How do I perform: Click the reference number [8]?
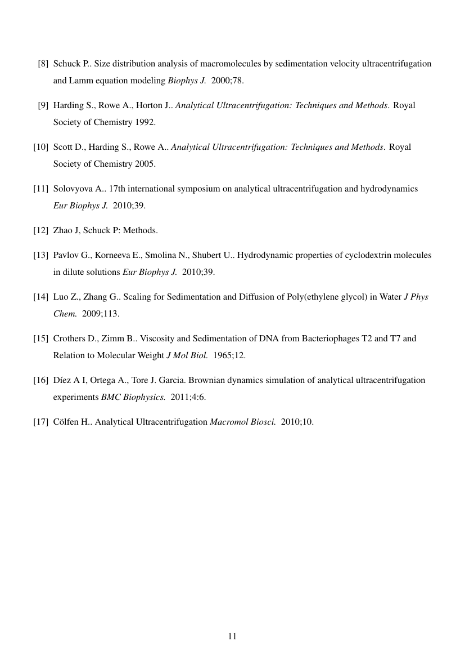43,64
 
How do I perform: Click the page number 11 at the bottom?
232,636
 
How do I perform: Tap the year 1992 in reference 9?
146,122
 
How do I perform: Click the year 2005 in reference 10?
146,164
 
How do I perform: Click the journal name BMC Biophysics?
133,397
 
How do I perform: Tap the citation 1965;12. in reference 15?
229,355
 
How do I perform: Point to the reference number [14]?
40,297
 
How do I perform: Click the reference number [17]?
40,422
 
